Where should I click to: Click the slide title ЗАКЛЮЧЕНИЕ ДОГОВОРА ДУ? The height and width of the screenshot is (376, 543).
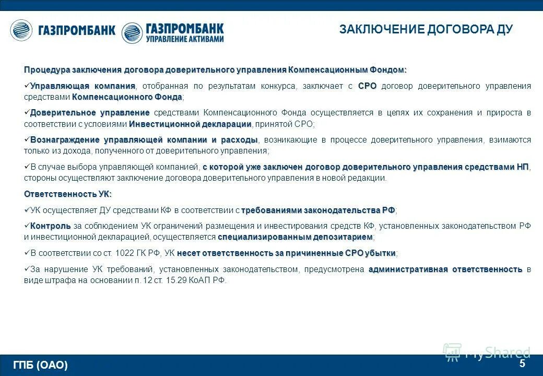click(x=426, y=29)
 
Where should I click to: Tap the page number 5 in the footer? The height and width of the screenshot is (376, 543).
click(x=522, y=363)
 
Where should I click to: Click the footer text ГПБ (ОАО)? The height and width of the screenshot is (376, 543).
click(x=41, y=365)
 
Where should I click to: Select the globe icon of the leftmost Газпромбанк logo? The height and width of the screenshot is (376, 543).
click(x=21, y=30)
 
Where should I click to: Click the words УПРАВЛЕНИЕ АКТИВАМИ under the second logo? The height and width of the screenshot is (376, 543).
click(x=185, y=39)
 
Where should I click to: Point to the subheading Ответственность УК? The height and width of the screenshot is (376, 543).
click(x=68, y=194)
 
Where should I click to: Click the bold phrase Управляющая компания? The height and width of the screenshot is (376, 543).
click(x=82, y=86)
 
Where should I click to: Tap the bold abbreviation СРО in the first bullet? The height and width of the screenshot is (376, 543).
click(x=367, y=86)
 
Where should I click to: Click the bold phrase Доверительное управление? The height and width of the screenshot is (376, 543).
click(x=90, y=113)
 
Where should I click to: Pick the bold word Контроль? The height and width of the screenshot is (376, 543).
click(x=50, y=226)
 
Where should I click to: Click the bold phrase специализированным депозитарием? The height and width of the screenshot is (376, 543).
click(x=295, y=237)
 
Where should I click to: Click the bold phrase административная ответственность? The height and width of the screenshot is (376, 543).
click(x=445, y=269)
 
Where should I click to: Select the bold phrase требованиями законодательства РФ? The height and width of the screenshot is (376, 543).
click(x=318, y=210)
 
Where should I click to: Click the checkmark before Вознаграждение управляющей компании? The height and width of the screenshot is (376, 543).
click(x=27, y=140)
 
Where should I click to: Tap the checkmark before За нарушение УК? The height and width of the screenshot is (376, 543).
click(x=27, y=269)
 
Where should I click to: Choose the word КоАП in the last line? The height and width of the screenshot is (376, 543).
click(x=200, y=280)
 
